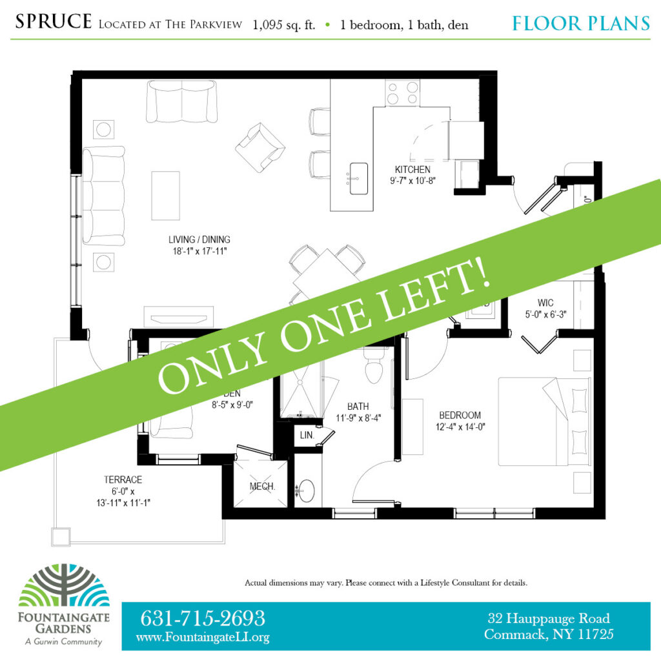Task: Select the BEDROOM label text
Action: coord(460,415)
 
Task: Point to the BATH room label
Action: coord(358,407)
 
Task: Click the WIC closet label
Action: coord(545,302)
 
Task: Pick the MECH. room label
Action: coord(263,487)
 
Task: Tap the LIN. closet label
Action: coord(307,436)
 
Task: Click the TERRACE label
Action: coord(123,480)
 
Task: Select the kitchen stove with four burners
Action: coord(402,92)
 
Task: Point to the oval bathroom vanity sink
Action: coord(307,492)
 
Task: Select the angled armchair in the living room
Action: coord(259,147)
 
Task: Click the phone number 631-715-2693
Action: coord(203,618)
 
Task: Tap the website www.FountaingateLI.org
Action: coord(203,637)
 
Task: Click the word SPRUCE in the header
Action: coord(53,22)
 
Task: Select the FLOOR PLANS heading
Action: coord(580,24)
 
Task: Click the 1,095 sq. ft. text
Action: coord(284,25)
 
